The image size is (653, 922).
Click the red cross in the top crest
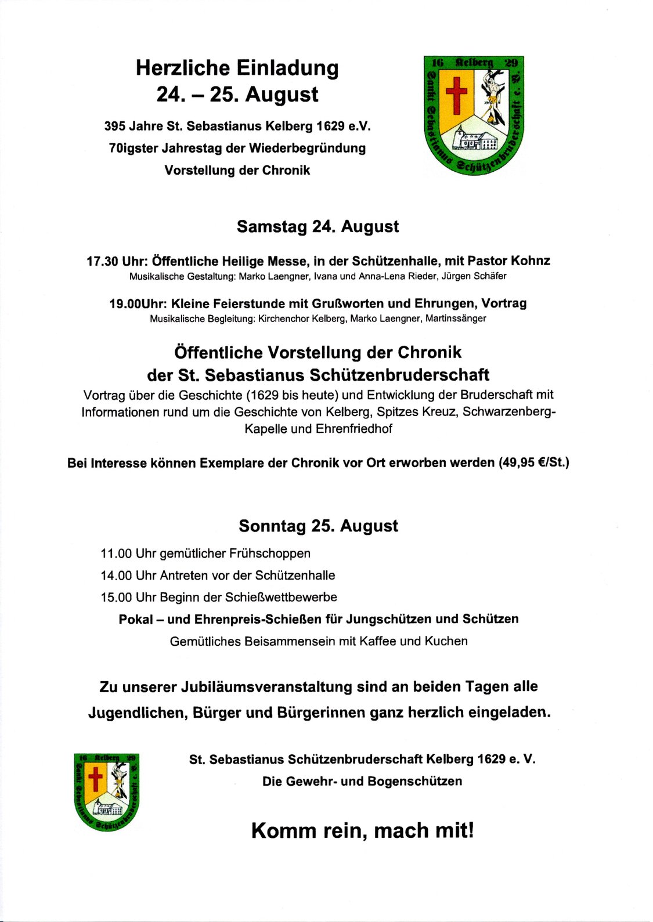(x=456, y=95)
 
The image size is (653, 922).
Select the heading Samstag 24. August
(x=318, y=226)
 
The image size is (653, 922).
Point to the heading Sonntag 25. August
(x=318, y=526)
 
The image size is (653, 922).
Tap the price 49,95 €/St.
(x=534, y=462)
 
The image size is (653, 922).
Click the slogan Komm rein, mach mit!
(x=363, y=830)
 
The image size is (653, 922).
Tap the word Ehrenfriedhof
(x=354, y=429)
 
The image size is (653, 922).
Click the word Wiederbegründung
(x=308, y=148)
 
